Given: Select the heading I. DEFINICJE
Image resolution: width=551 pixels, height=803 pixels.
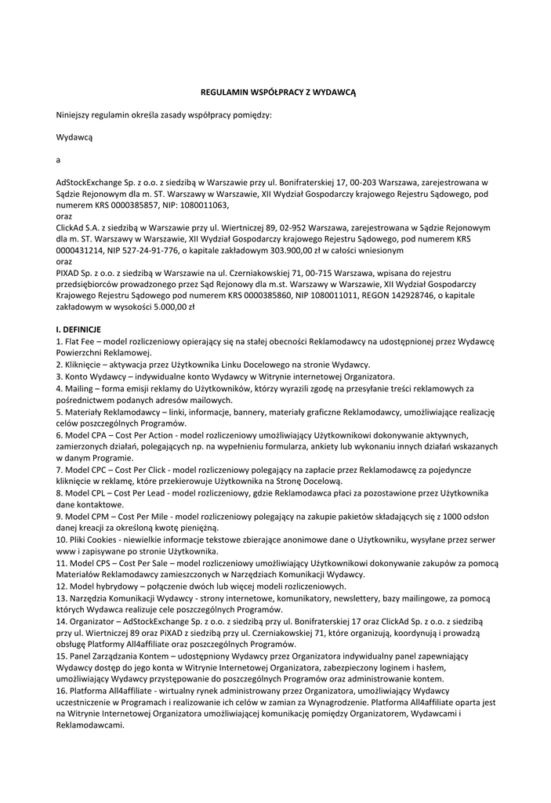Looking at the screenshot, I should (78, 330).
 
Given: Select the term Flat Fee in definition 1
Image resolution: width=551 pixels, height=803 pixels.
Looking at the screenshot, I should (80, 342).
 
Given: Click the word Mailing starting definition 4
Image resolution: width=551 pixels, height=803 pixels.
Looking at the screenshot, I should (79, 387).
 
